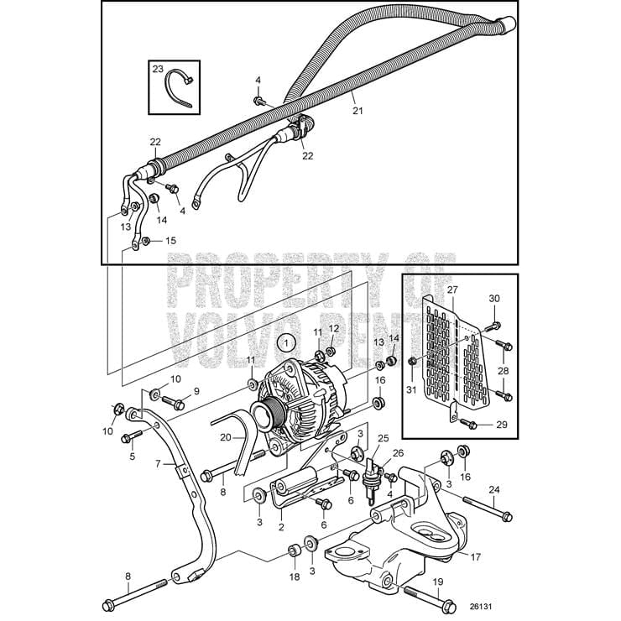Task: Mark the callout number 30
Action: tap(494, 299)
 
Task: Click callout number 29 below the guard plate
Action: tap(502, 425)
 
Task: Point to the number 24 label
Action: tap(494, 489)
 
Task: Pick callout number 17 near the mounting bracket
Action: tap(475, 556)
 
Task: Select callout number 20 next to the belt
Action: tap(225, 436)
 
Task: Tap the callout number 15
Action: tap(171, 241)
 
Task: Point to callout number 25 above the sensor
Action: tap(384, 439)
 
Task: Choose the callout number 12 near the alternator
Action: tap(332, 328)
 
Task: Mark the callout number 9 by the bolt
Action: tap(196, 390)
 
